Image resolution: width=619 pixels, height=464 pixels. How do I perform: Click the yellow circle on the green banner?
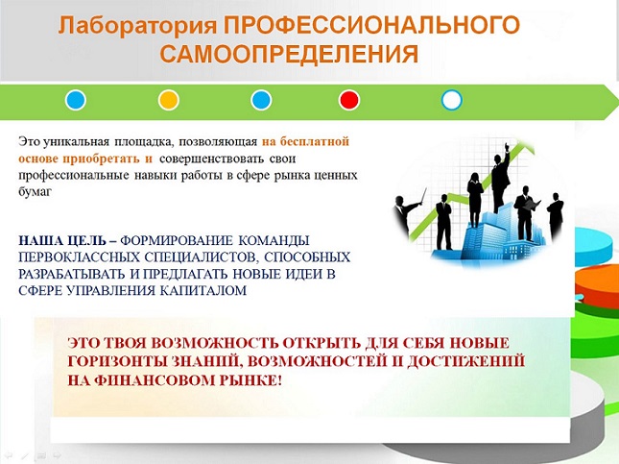(169, 100)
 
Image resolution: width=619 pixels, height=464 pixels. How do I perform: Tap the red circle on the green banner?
(349, 100)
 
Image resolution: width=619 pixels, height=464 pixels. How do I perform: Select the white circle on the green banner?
(452, 100)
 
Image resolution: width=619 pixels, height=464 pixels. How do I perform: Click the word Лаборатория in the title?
(137, 25)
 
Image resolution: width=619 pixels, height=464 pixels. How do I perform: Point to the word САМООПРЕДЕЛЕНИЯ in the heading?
(289, 54)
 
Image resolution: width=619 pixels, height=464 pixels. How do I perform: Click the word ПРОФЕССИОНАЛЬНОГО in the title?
(371, 25)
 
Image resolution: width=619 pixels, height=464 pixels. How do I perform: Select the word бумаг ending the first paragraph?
(35, 192)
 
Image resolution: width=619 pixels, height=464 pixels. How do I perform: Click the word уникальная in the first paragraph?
(76, 141)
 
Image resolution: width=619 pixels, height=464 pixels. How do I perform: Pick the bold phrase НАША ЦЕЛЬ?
(62, 240)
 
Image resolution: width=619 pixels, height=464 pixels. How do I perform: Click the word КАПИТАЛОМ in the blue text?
(203, 290)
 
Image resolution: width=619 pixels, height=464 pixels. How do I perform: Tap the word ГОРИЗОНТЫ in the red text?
(117, 361)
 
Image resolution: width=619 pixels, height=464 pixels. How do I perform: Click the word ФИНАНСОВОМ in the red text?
(154, 380)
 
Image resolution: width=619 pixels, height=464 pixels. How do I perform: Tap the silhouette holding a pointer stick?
(405, 212)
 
